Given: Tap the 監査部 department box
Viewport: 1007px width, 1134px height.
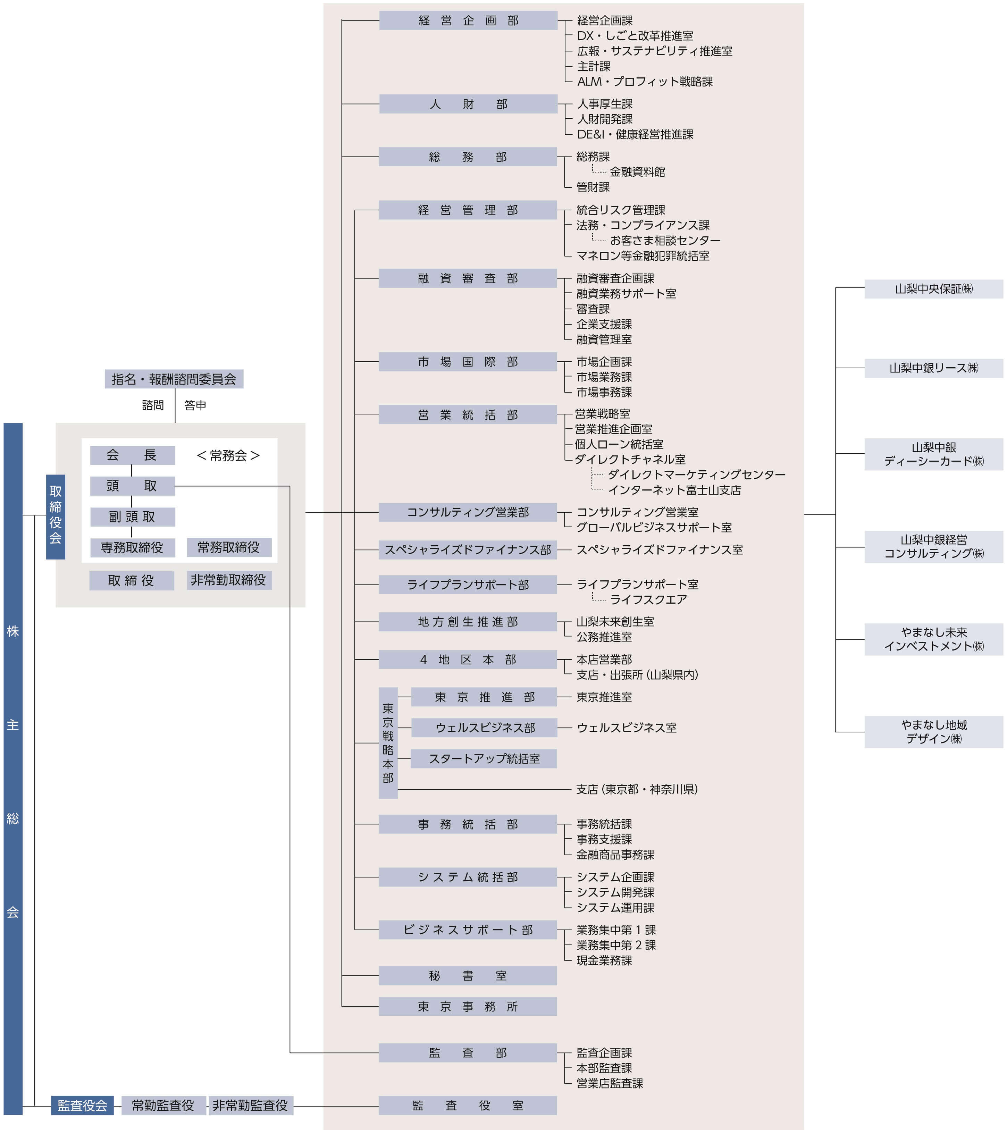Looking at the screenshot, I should (467, 1052).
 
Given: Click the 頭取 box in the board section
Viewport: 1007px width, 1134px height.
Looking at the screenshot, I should (132, 486).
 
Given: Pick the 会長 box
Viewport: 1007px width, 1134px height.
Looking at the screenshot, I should (132, 455).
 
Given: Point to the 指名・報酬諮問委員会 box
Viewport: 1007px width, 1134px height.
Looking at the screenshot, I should (174, 379).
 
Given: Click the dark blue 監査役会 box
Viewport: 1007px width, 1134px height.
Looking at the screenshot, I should (82, 1105).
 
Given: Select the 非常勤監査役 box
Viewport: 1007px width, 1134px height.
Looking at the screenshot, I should (250, 1105).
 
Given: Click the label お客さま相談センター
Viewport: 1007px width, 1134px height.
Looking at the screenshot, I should (665, 240).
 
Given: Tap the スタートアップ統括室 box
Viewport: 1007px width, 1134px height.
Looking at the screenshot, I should (484, 758).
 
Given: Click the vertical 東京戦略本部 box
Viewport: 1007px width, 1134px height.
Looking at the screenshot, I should (388, 742).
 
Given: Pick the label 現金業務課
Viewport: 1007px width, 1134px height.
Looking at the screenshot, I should (604, 960).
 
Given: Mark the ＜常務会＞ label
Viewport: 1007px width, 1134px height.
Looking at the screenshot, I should (228, 455).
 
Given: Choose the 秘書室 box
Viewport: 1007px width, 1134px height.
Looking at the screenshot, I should (467, 975).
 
